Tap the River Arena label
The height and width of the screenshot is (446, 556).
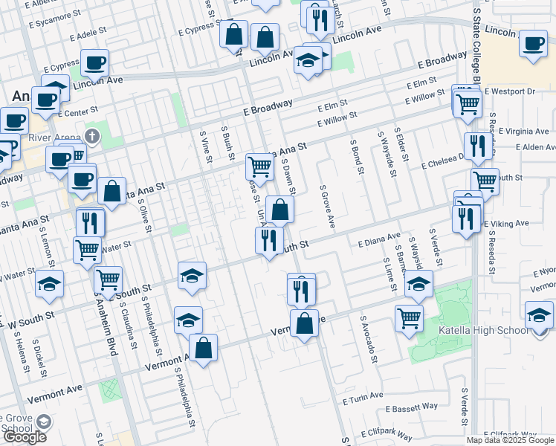coord(54,138)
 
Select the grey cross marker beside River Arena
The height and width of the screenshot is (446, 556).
coord(91,137)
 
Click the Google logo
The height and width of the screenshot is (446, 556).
coord(25,437)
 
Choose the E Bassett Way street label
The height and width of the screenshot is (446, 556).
coord(411,408)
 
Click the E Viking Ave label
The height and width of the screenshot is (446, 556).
coord(506,223)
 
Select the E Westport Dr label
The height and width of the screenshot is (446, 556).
coord(509,91)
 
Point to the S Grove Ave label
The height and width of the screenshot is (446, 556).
coord(324,207)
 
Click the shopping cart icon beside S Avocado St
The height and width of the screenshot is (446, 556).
coord(410,318)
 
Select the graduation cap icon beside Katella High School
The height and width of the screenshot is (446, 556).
coord(539,314)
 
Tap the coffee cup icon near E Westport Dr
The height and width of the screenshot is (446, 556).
coord(533,43)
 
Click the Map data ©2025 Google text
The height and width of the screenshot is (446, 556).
coord(510,440)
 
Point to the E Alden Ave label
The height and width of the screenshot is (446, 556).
coord(525,147)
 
